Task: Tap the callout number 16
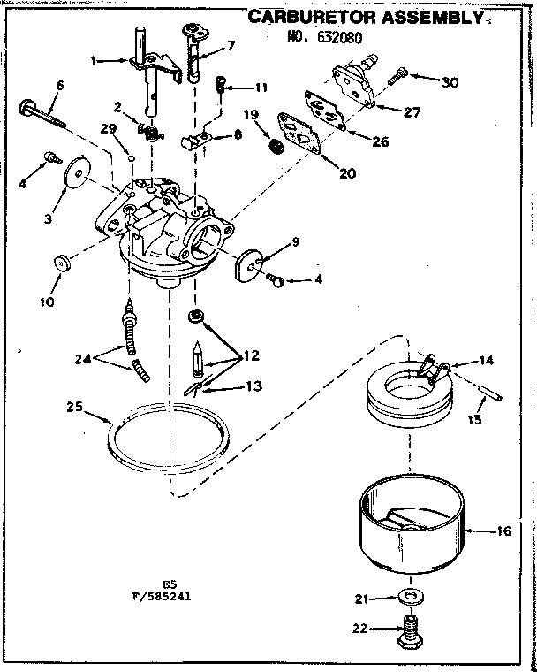tap(504, 531)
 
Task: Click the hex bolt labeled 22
tap(408, 630)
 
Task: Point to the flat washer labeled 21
tap(407, 599)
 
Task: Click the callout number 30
tap(450, 82)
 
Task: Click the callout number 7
tap(231, 45)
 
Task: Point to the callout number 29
tap(108, 129)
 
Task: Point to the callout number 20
tap(347, 173)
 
